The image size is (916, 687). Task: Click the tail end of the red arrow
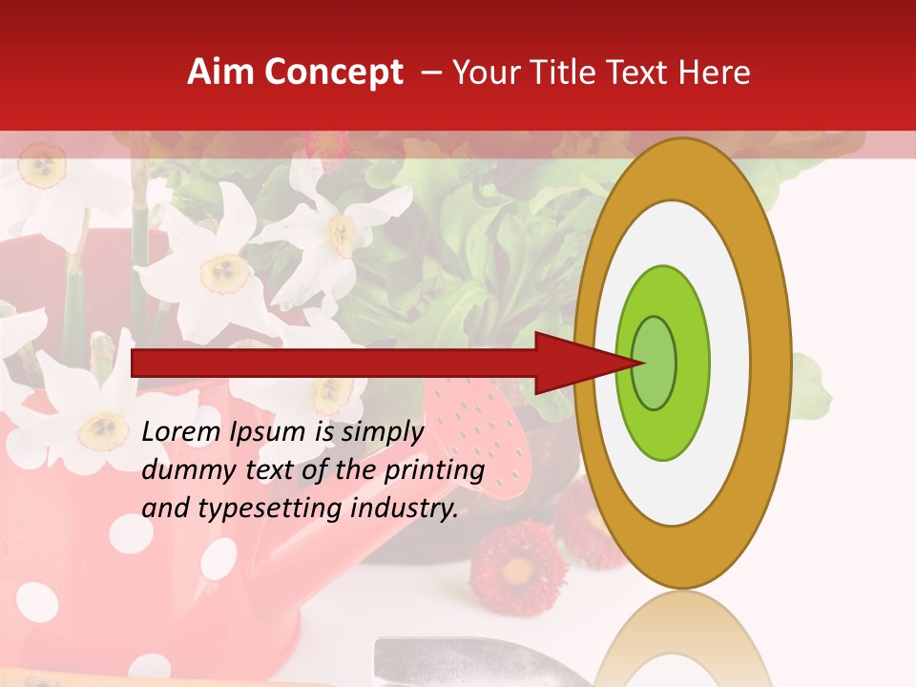click(138, 363)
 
